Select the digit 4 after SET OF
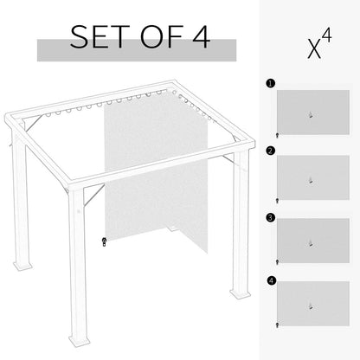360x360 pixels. pos(198,37)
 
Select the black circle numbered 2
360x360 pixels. pos(270,151)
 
